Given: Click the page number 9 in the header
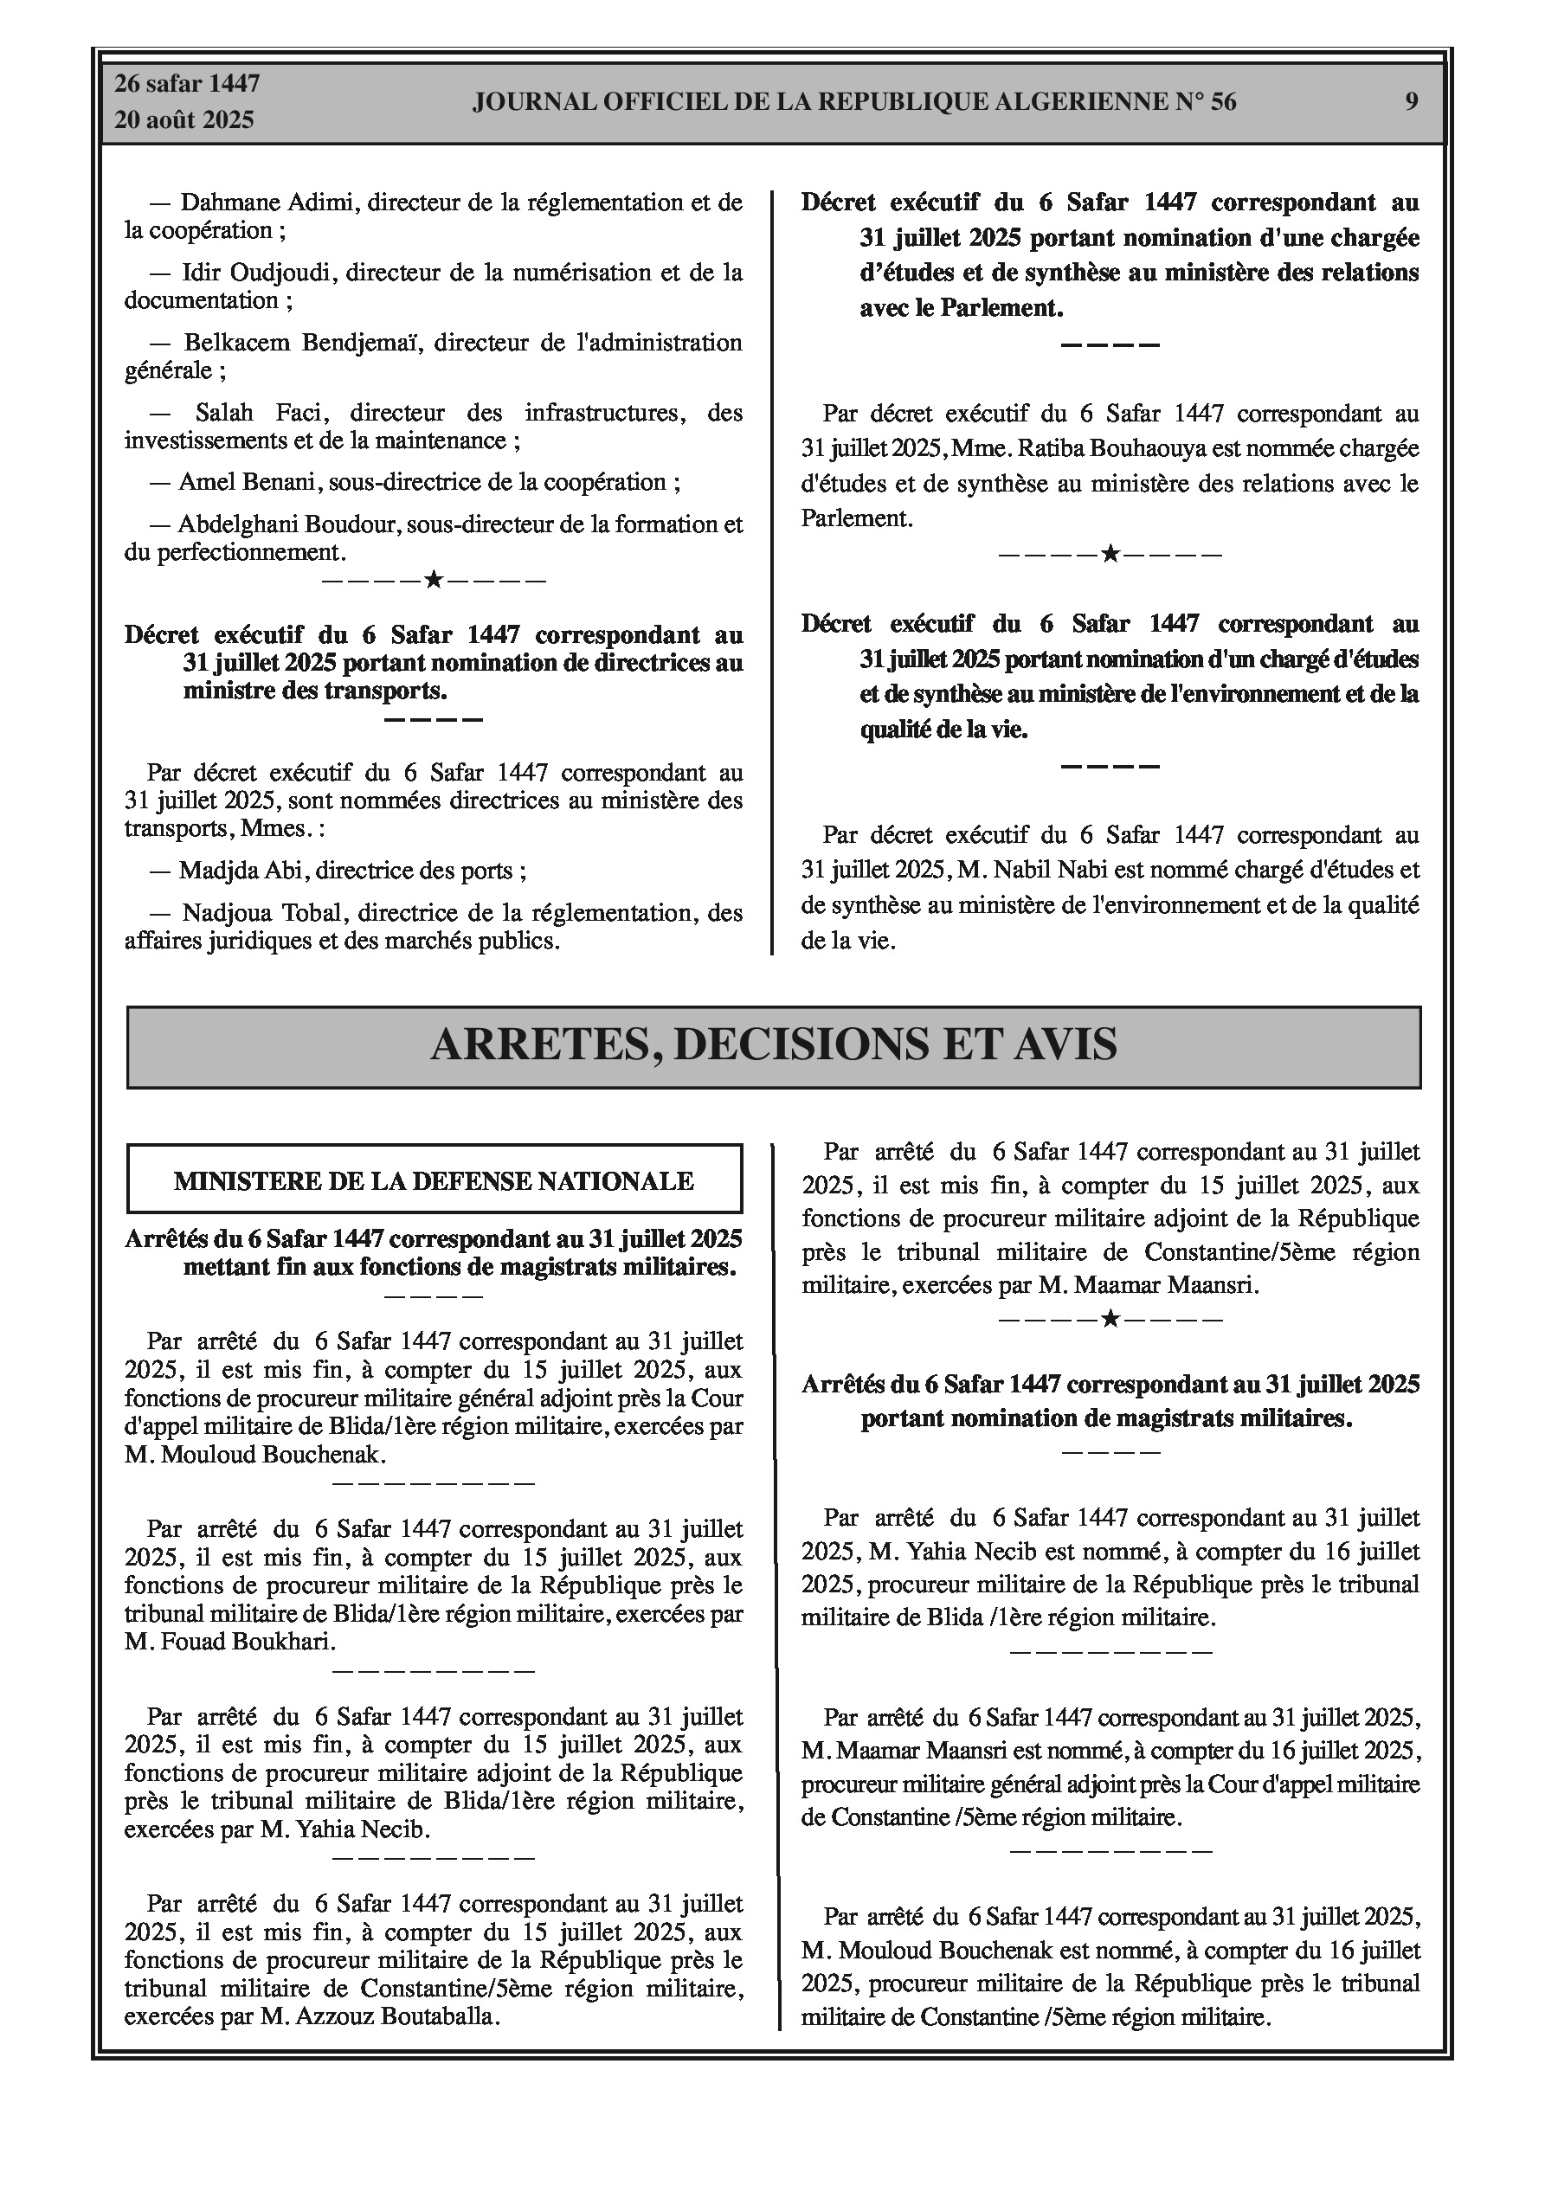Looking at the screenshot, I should click(1411, 102).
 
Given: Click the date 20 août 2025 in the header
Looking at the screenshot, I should click(184, 120).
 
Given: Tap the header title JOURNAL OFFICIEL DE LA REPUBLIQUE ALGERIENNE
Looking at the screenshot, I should click(854, 102).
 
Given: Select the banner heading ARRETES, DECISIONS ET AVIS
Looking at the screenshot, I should click(774, 1045).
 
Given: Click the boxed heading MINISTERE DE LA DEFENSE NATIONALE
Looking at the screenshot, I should click(434, 1181).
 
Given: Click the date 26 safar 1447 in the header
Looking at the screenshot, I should click(187, 84).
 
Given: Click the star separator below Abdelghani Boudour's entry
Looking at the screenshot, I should click(434, 580).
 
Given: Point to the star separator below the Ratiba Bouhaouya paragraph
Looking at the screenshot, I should click(1110, 553).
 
